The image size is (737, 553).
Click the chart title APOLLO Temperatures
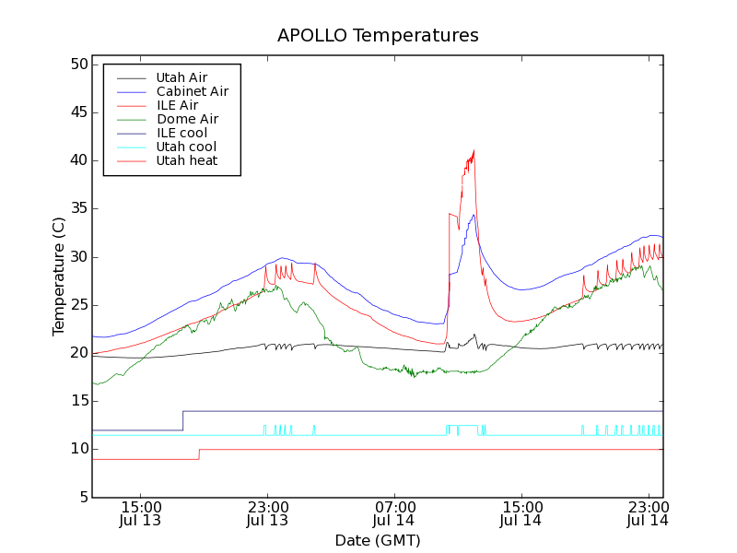point(378,36)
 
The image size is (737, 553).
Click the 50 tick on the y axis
point(76,65)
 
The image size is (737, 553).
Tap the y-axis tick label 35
point(76,208)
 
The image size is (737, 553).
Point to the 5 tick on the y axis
point(81,498)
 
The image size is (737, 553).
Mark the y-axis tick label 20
point(76,353)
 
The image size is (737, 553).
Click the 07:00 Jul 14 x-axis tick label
point(395,513)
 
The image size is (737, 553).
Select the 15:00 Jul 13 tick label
point(141,513)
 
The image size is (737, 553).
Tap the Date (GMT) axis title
point(378,540)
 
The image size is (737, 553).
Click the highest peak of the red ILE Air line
point(474,150)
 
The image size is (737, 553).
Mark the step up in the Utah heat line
point(199,454)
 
